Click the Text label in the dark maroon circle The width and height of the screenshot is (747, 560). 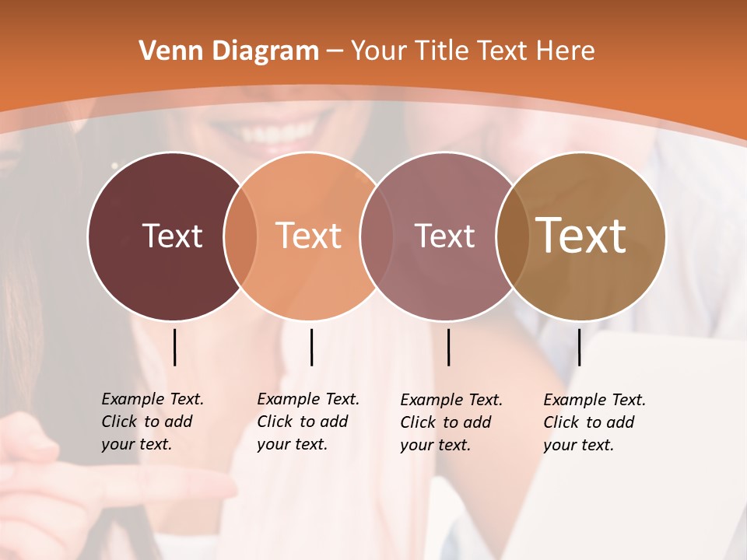click(172, 236)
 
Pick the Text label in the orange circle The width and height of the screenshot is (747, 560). click(308, 236)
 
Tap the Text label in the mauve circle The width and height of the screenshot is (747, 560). click(444, 236)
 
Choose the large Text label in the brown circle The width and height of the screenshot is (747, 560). click(580, 235)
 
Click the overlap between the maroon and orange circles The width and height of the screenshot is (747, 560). click(240, 236)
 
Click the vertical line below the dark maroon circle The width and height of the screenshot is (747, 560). click(174, 347)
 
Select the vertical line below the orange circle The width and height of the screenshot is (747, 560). click(311, 347)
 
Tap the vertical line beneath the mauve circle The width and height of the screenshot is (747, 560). click(448, 347)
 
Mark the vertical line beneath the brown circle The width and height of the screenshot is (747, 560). click(579, 347)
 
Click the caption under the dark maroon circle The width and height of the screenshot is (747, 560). click(152, 422)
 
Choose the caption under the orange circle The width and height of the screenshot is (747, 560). click(307, 422)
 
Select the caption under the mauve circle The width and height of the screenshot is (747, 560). click(451, 422)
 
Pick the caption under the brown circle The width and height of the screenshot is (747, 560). click(594, 422)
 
